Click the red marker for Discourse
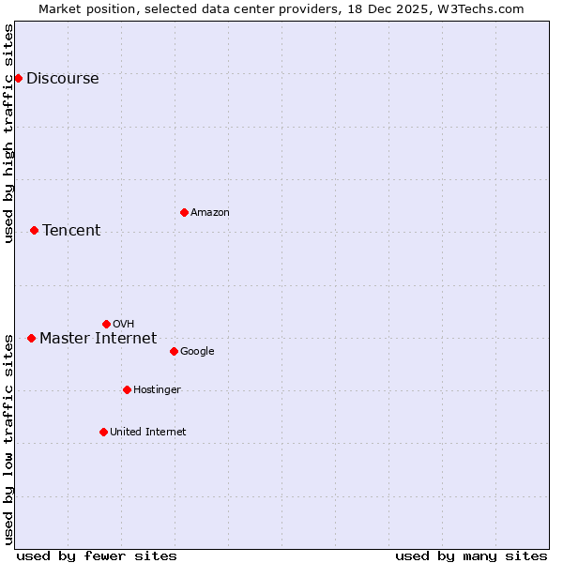(x=18, y=78)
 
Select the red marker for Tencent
(x=34, y=230)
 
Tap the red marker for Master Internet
(x=31, y=338)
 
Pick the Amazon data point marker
(x=184, y=212)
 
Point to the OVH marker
(x=106, y=324)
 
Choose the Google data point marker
(x=174, y=351)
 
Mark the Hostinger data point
(x=127, y=389)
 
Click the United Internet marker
(x=103, y=432)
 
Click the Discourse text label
(x=62, y=79)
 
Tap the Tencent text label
(x=71, y=231)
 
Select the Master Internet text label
(x=98, y=339)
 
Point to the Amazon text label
(x=210, y=213)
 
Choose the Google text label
(x=197, y=352)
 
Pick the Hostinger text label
(x=157, y=390)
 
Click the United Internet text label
(x=147, y=433)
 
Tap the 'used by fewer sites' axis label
(x=97, y=555)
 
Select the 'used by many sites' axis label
(x=471, y=555)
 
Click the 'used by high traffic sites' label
(x=9, y=133)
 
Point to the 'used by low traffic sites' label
(x=9, y=438)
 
